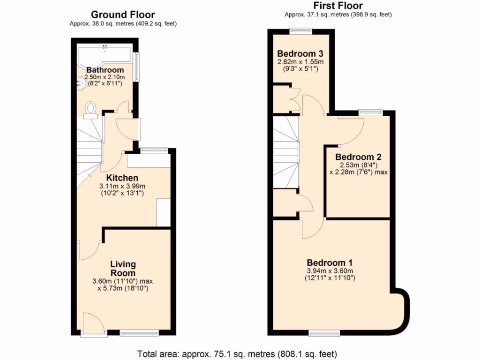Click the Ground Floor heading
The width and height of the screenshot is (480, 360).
click(x=123, y=15)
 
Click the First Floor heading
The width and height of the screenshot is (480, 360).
click(x=338, y=6)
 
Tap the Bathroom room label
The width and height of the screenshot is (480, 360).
click(x=105, y=70)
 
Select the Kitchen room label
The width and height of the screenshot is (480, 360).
click(x=122, y=178)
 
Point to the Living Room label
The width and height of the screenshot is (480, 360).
click(x=123, y=269)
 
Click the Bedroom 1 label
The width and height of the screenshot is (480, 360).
click(x=330, y=263)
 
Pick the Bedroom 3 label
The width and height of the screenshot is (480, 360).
click(x=300, y=53)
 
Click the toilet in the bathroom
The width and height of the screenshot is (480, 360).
click(x=91, y=109)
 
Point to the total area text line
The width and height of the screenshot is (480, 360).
click(x=237, y=353)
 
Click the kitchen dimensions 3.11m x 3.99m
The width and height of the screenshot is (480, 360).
click(x=122, y=186)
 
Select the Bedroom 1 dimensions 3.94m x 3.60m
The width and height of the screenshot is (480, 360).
click(x=330, y=271)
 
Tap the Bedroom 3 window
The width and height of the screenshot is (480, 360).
click(x=300, y=31)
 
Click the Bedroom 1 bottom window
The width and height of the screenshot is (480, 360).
click(x=321, y=333)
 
